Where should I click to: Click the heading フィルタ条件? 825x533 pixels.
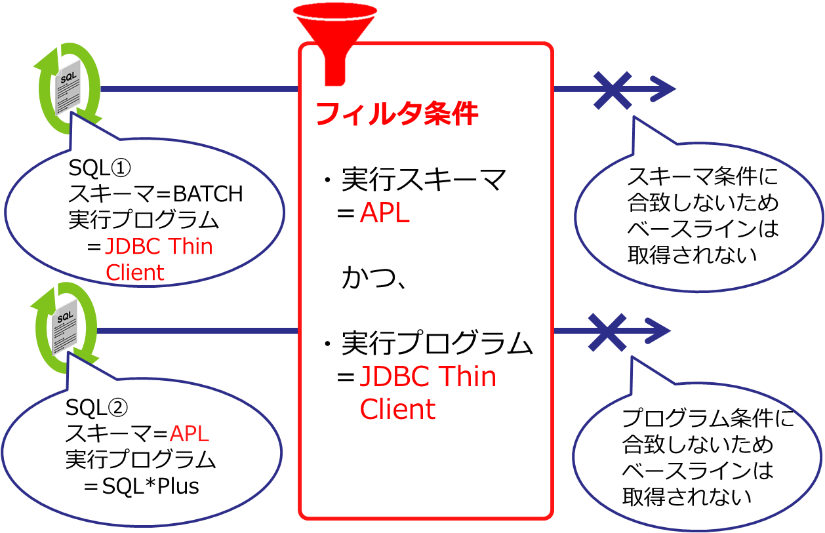397,114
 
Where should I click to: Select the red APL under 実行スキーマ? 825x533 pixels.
385,214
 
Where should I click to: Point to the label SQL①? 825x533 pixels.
100,168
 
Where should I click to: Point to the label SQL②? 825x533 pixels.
97,408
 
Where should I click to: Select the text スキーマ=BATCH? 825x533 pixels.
156,194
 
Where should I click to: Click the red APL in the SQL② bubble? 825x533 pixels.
190,433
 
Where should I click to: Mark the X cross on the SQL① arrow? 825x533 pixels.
613,89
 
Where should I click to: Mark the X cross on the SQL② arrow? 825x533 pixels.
607,331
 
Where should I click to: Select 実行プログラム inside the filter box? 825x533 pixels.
437,344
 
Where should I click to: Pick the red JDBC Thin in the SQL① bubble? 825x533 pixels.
159,247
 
